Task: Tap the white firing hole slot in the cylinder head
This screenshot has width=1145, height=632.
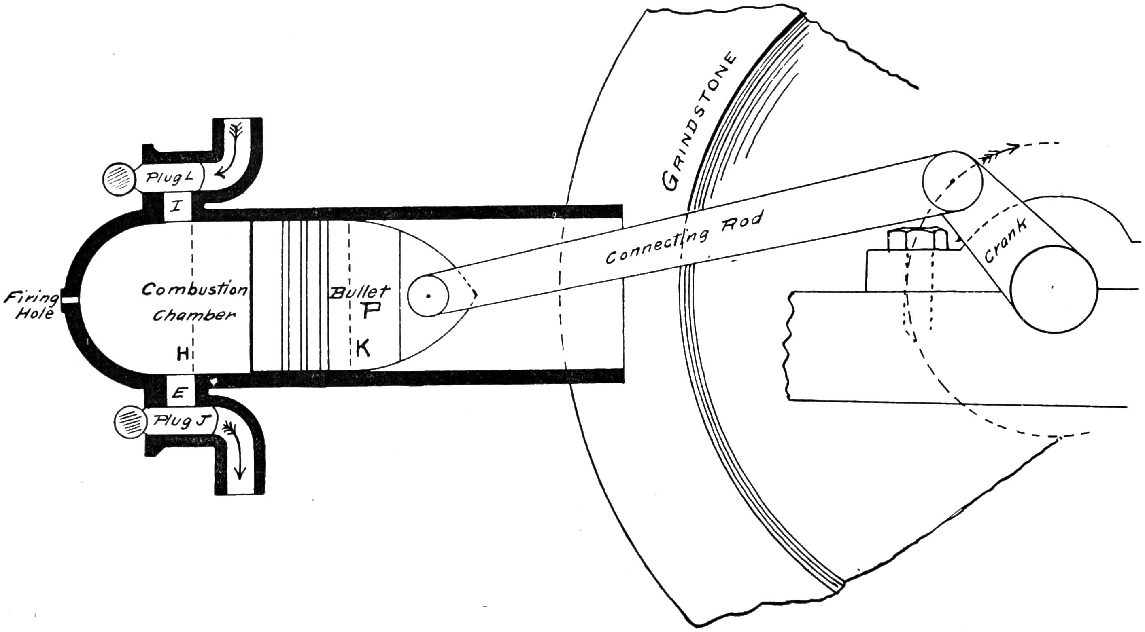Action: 70,301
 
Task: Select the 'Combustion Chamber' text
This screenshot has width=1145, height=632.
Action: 194,302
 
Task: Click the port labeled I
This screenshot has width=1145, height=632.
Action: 177,206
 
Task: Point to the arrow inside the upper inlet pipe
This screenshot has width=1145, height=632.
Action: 231,154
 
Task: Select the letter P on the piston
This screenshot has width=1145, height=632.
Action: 370,312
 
